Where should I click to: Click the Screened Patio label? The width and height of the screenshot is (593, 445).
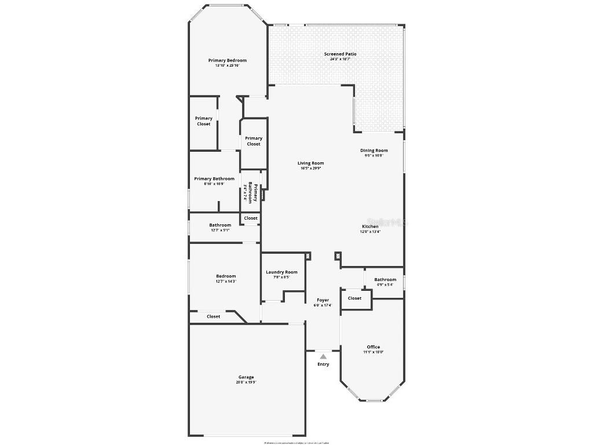pos(340,54)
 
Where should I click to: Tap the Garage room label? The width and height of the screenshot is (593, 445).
pos(246,377)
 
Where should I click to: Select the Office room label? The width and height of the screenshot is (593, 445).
pos(374,347)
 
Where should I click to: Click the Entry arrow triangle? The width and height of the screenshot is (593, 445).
pos(323,356)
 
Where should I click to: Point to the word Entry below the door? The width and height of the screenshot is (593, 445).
pos(323,364)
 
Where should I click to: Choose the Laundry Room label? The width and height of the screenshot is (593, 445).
pos(281,272)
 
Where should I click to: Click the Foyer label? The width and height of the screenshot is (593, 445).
pos(323,300)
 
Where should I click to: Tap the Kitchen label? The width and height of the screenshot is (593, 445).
pos(371,227)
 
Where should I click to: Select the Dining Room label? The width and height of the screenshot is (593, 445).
pos(374,151)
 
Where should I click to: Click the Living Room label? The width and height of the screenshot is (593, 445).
pos(311,163)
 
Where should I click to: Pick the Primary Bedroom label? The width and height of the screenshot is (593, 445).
pos(228,60)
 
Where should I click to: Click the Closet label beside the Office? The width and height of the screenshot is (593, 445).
pos(354,298)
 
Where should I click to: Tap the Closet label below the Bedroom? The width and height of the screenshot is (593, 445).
pos(214,316)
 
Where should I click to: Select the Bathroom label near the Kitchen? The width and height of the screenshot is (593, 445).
pos(385,279)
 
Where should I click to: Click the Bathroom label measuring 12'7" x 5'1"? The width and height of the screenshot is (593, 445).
pos(220,225)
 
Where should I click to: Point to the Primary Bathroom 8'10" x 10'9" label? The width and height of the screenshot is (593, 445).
pos(214,178)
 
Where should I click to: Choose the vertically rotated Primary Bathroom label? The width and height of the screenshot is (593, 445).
pos(252,191)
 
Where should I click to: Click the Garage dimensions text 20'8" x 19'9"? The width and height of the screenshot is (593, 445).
pos(246,382)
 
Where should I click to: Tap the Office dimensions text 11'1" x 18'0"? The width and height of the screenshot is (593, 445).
pos(374,352)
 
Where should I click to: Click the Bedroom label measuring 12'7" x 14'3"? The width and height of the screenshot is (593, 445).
pos(226,276)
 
